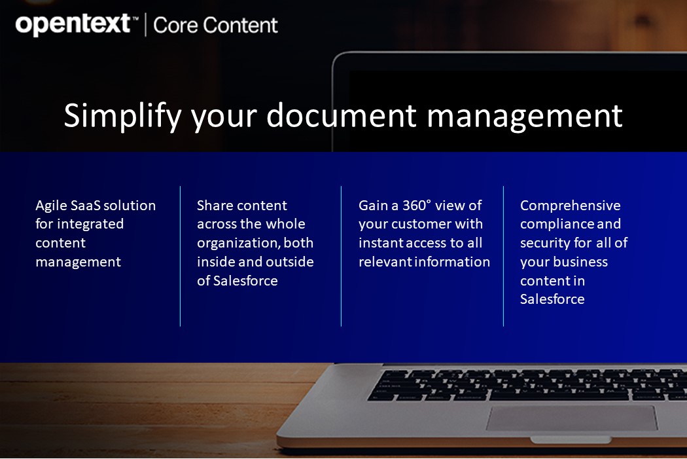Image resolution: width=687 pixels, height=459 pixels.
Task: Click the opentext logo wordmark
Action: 73,25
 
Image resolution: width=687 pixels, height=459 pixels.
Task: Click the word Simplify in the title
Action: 122,115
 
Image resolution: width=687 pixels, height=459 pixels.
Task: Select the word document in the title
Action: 342,115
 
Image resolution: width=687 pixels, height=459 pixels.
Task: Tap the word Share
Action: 215,206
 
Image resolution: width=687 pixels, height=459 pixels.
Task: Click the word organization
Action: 238,243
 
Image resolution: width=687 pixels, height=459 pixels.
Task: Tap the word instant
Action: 379,243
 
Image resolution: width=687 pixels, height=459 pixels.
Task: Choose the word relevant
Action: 385,262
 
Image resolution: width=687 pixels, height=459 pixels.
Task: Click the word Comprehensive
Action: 571,206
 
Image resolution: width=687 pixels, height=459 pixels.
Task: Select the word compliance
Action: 557,224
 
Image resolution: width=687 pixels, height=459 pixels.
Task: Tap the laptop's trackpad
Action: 571,418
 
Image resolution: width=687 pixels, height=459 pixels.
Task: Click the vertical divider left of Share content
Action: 180,255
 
